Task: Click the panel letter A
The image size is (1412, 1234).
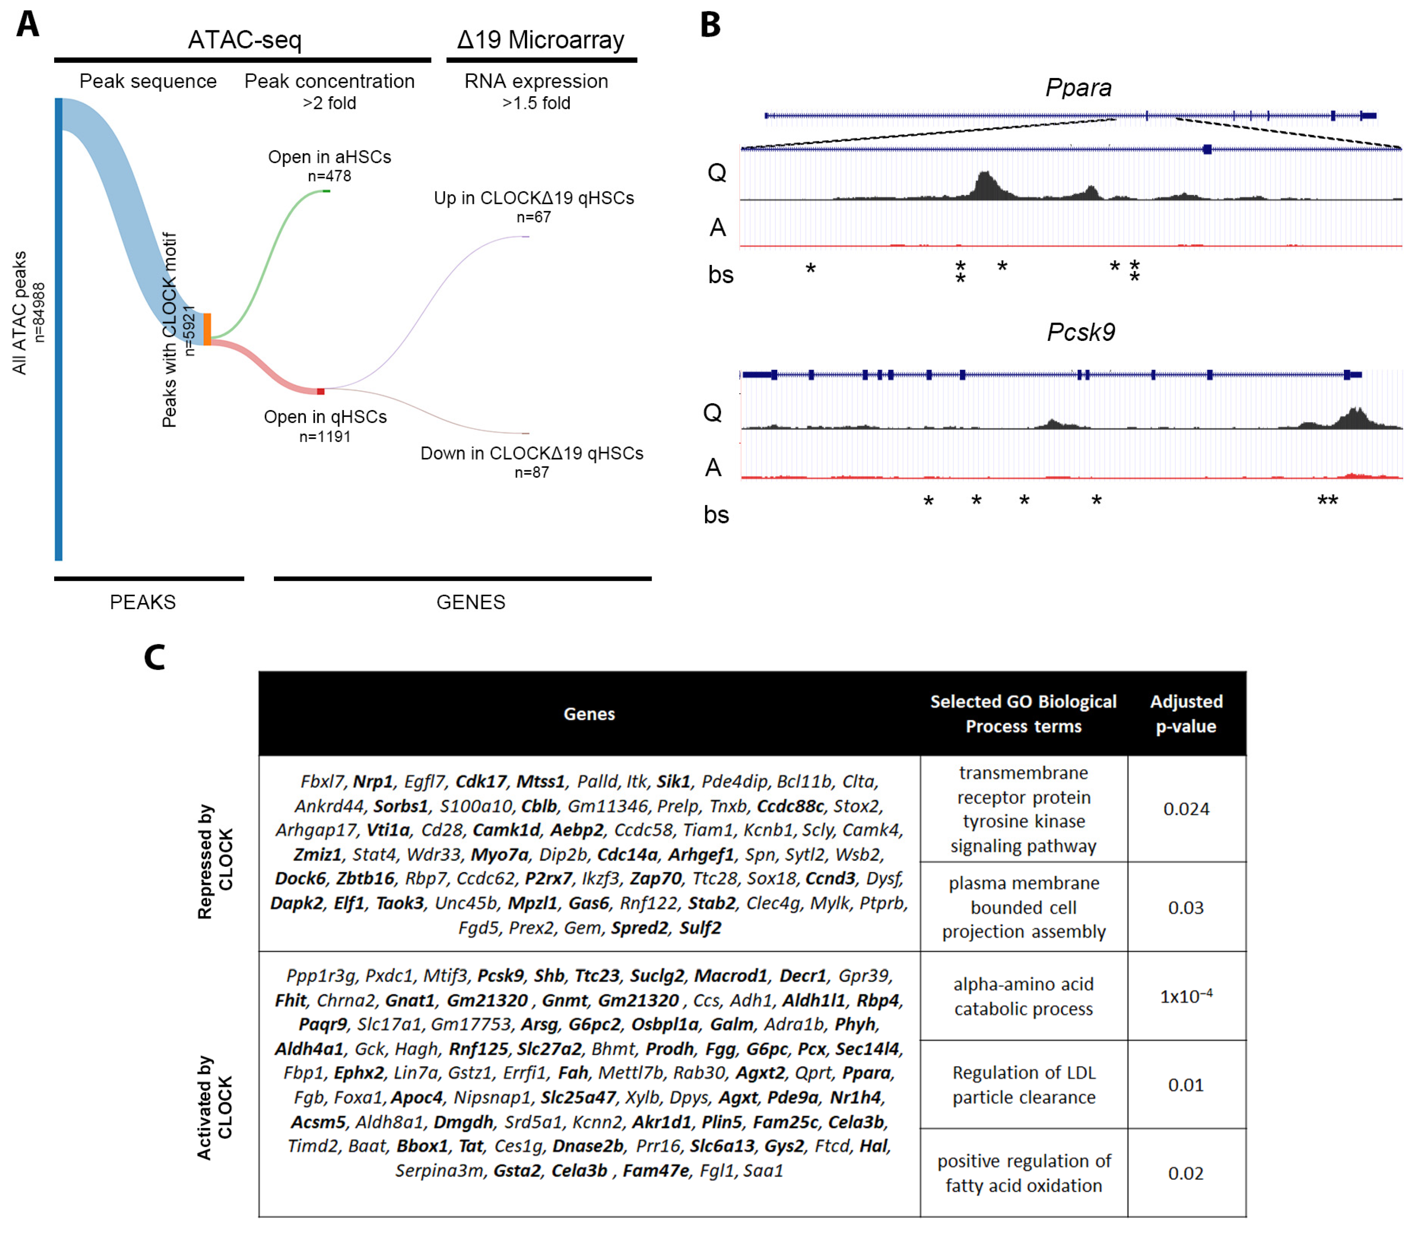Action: [x=27, y=24]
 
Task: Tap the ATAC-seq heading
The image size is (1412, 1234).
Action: [x=244, y=40]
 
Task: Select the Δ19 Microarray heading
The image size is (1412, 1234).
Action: [x=541, y=40]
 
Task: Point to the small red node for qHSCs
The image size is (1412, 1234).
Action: [x=320, y=391]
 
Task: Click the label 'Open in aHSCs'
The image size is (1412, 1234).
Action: [x=329, y=157]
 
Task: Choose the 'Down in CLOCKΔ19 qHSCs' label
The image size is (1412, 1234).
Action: [x=532, y=453]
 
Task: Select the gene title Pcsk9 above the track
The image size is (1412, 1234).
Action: [x=1081, y=332]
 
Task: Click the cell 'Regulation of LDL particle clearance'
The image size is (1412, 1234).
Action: [x=1023, y=1085]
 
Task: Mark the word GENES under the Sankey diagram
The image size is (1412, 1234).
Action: [x=470, y=602]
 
